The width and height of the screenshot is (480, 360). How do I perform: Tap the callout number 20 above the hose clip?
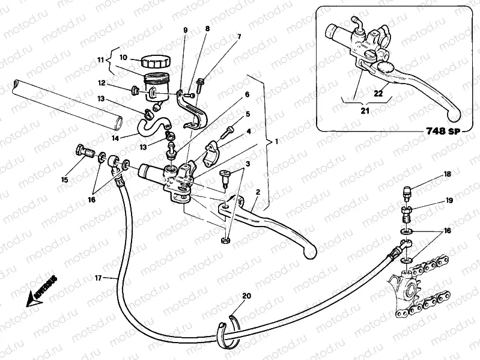246,296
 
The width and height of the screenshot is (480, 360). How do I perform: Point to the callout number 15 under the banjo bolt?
65,180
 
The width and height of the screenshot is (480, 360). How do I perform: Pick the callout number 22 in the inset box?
377,93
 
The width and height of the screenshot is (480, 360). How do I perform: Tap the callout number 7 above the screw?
239,37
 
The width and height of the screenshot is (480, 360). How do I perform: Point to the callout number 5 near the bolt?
248,114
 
